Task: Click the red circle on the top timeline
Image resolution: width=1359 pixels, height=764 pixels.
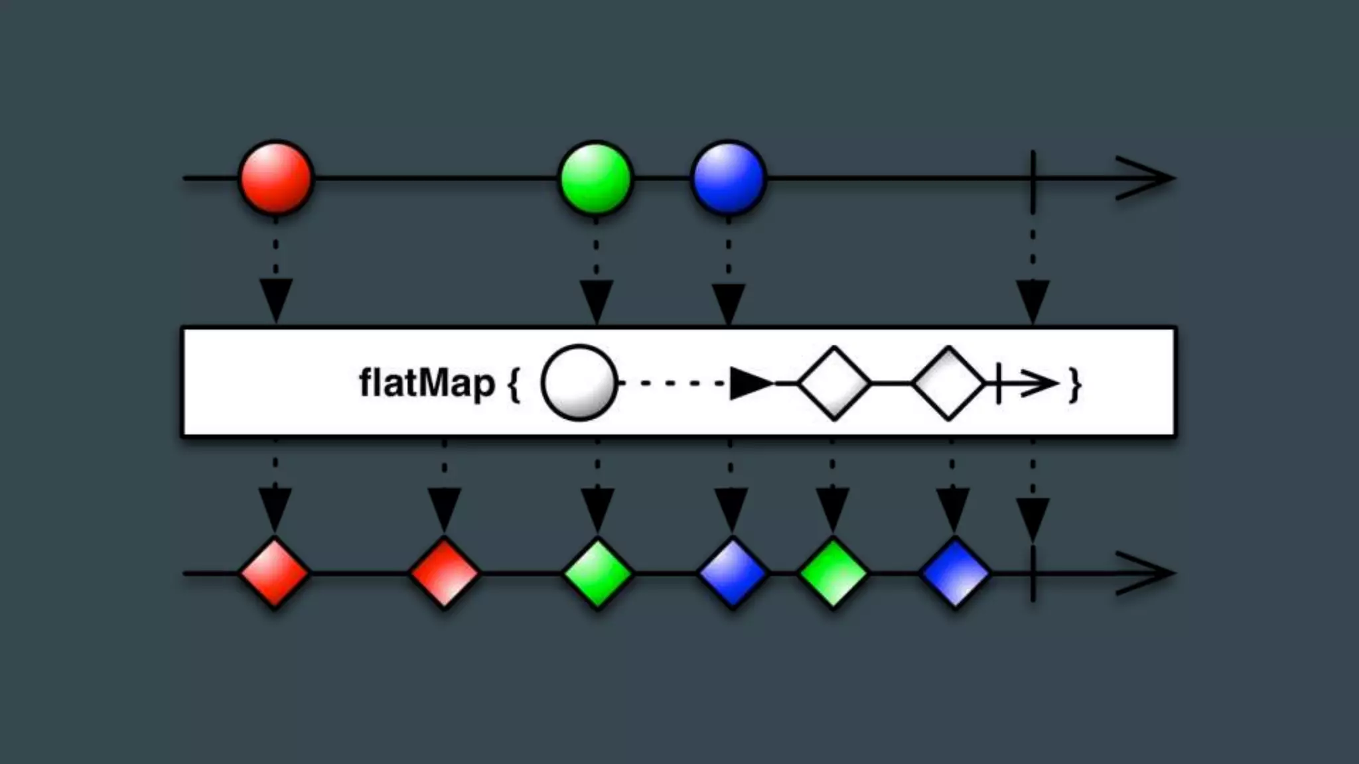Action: (275, 178)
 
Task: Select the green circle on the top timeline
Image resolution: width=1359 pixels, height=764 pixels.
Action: (596, 178)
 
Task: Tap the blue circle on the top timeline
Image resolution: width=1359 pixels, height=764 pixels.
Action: (729, 178)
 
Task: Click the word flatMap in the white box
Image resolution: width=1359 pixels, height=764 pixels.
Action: (427, 384)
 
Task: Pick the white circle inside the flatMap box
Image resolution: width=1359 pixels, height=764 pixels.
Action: (579, 383)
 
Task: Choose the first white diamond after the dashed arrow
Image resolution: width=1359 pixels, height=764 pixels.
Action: (834, 383)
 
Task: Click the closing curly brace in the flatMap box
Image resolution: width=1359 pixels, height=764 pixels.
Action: (1075, 385)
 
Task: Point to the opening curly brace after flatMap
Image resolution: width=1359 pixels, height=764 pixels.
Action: (514, 385)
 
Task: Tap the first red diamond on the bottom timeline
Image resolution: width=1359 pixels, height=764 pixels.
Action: (274, 574)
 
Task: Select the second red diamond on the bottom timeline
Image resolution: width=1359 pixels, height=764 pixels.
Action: (444, 574)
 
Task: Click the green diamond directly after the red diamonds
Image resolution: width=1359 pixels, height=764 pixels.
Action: (597, 574)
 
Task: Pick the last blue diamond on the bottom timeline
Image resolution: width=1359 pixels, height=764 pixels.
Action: (955, 574)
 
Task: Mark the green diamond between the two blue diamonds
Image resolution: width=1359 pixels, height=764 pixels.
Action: (833, 574)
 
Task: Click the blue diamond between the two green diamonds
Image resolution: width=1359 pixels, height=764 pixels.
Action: (733, 574)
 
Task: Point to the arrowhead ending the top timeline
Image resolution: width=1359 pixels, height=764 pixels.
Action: (1148, 178)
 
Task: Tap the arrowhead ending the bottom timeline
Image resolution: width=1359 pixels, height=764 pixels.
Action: (1148, 574)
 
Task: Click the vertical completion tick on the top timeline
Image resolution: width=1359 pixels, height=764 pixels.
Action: (1033, 178)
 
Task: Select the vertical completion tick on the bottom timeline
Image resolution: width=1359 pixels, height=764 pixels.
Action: (1033, 574)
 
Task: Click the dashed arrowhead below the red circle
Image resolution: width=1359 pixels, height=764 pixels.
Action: (275, 300)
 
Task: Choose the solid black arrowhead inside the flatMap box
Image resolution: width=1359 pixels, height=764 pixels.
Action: (750, 384)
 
